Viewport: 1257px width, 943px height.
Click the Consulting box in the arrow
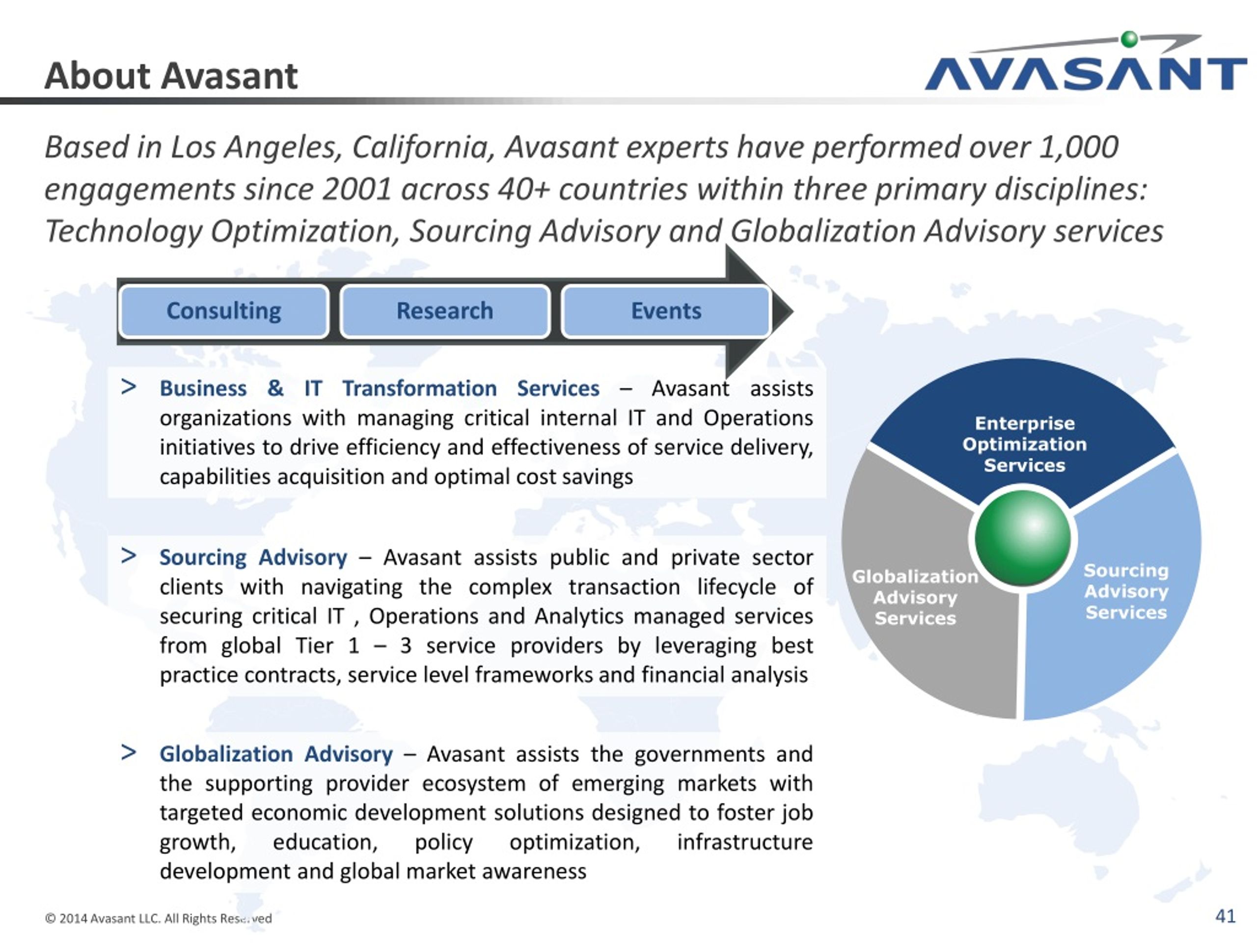tap(224, 311)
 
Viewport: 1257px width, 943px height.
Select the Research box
tap(445, 311)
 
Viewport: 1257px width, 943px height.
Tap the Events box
tap(666, 311)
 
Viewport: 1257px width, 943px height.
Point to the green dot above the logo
tap(1130, 39)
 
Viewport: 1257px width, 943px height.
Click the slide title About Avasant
tap(171, 76)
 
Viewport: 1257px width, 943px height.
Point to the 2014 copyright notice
tap(158, 918)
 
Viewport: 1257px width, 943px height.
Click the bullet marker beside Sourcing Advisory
tap(129, 555)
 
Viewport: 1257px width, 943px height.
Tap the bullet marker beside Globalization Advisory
tap(129, 752)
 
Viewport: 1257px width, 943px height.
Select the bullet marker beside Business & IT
tap(129, 387)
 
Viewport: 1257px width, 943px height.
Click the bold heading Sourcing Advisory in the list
tap(253, 557)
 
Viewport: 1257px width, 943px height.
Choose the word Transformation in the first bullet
tap(419, 389)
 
